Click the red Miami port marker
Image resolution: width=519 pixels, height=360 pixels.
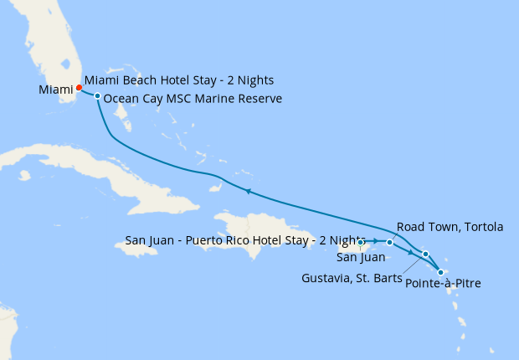[79, 87]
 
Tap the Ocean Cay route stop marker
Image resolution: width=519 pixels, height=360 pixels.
[98, 96]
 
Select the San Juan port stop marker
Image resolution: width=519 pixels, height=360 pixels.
[361, 243]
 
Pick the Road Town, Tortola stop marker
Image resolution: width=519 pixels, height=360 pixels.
[389, 243]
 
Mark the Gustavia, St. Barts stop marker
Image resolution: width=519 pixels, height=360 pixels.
[425, 254]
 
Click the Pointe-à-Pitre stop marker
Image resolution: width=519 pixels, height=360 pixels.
[441, 272]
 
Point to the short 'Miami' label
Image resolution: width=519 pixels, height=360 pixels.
[55, 90]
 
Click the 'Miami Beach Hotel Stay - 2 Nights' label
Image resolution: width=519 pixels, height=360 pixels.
[179, 81]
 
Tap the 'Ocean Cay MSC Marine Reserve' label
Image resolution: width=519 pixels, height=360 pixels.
[193, 99]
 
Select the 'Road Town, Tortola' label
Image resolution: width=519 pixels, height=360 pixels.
[450, 227]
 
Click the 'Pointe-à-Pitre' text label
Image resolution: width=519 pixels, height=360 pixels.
[443, 285]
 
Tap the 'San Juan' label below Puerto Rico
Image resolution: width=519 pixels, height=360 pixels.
[361, 256]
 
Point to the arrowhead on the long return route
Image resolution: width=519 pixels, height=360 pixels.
[248, 192]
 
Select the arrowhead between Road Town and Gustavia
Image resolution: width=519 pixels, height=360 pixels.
[410, 252]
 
